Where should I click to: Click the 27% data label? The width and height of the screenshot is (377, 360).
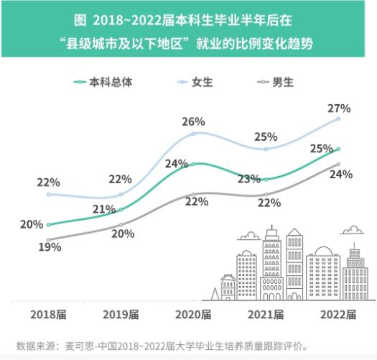(x=338, y=109)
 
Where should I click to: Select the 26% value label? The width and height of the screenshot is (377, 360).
(x=193, y=121)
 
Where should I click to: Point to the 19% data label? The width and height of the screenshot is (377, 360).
(x=50, y=246)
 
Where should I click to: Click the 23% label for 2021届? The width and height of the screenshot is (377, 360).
(x=248, y=179)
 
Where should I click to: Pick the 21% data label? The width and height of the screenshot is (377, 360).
(x=104, y=210)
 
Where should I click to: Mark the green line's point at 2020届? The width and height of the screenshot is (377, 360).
(x=194, y=164)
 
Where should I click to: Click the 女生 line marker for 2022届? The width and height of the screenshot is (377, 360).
(x=338, y=119)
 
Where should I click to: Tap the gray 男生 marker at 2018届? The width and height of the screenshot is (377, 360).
(x=48, y=240)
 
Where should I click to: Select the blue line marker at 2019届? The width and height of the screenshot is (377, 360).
(x=121, y=195)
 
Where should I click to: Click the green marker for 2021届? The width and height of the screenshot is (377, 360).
(x=266, y=179)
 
